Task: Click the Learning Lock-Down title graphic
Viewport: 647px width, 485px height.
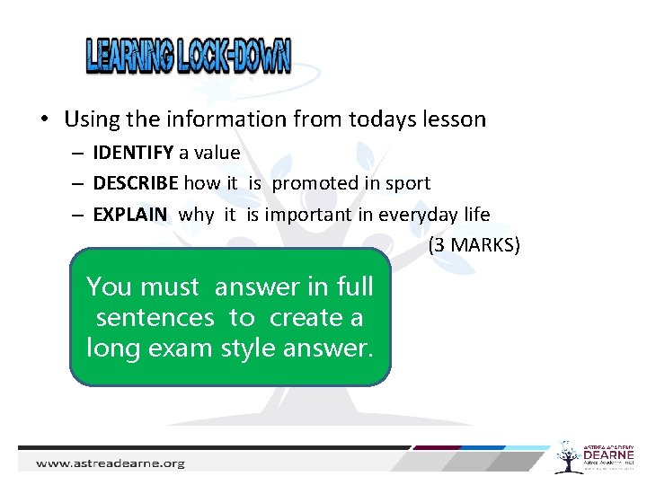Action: point(189,56)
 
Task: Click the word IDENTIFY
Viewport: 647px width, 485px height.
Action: point(134,153)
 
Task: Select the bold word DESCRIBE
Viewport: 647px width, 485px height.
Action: point(136,183)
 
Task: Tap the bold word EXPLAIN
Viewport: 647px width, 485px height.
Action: point(130,214)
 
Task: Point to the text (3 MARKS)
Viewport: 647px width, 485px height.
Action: point(474,244)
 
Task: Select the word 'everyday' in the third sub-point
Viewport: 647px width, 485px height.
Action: point(414,214)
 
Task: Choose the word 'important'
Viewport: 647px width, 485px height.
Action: point(329,214)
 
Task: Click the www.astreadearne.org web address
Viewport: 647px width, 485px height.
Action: point(110,463)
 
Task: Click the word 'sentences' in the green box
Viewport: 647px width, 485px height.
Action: point(155,317)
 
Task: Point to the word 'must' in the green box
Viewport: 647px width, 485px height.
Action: point(171,287)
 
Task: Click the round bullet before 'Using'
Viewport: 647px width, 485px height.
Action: point(43,119)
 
